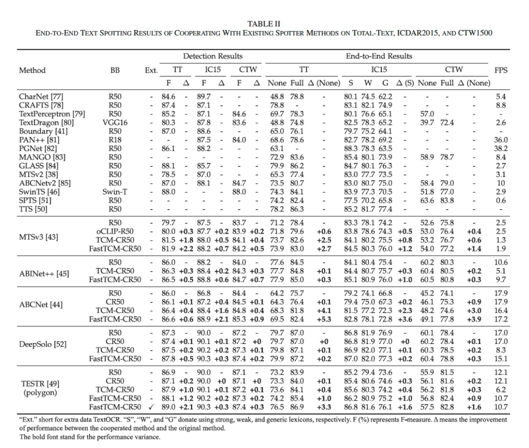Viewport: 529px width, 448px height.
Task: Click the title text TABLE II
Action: click(264, 24)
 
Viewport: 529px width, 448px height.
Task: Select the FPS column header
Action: click(501, 70)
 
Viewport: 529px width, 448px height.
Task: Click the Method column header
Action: click(32, 70)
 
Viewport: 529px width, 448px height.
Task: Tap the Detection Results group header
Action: click(212, 56)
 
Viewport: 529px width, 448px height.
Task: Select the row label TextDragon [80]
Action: click(46, 122)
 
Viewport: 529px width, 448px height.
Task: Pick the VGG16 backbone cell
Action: click(115, 122)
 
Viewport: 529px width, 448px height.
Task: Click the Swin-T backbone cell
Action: click(115, 192)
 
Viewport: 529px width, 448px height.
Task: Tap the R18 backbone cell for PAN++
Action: click(115, 140)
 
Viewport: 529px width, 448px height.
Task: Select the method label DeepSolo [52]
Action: click(43, 345)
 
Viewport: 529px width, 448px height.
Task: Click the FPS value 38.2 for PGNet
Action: click(501, 148)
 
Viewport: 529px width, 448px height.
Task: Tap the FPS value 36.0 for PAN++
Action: click(501, 140)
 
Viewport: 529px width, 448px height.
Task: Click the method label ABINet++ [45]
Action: click(43, 273)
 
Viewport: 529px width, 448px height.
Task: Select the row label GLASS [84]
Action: click(39, 166)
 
